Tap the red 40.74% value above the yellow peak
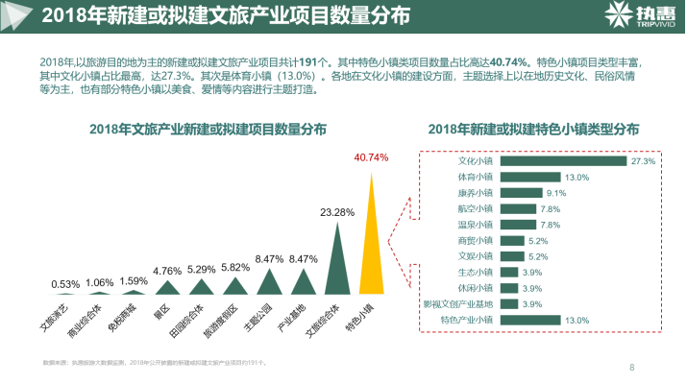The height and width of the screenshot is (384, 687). pos(371,157)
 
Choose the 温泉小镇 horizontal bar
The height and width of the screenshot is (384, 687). pos(519,225)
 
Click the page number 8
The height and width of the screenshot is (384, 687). pos(631,366)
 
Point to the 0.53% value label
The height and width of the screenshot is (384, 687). pos(65,284)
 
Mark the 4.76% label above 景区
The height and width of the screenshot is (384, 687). pos(167,271)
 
